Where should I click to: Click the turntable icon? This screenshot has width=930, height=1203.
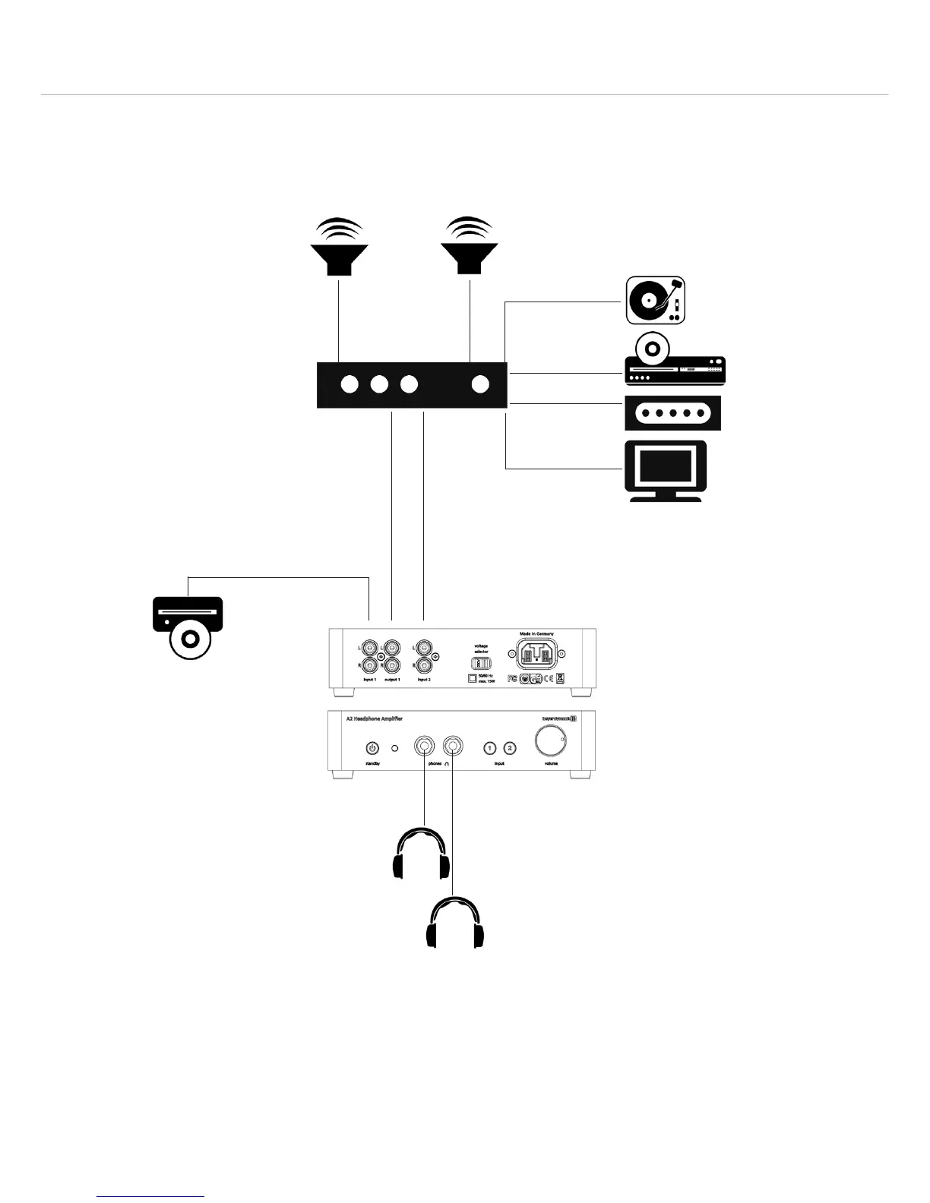655,300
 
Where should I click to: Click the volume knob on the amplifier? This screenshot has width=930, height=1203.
551,740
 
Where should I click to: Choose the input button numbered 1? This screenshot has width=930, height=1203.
491,748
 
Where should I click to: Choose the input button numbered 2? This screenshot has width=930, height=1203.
510,748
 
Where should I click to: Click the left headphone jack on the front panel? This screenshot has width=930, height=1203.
424,747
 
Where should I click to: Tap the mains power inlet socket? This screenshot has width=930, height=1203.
537,655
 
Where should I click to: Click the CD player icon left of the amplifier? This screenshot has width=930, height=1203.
188,627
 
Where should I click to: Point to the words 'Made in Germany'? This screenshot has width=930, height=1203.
536,633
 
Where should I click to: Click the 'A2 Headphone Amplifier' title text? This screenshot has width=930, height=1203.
375,718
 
